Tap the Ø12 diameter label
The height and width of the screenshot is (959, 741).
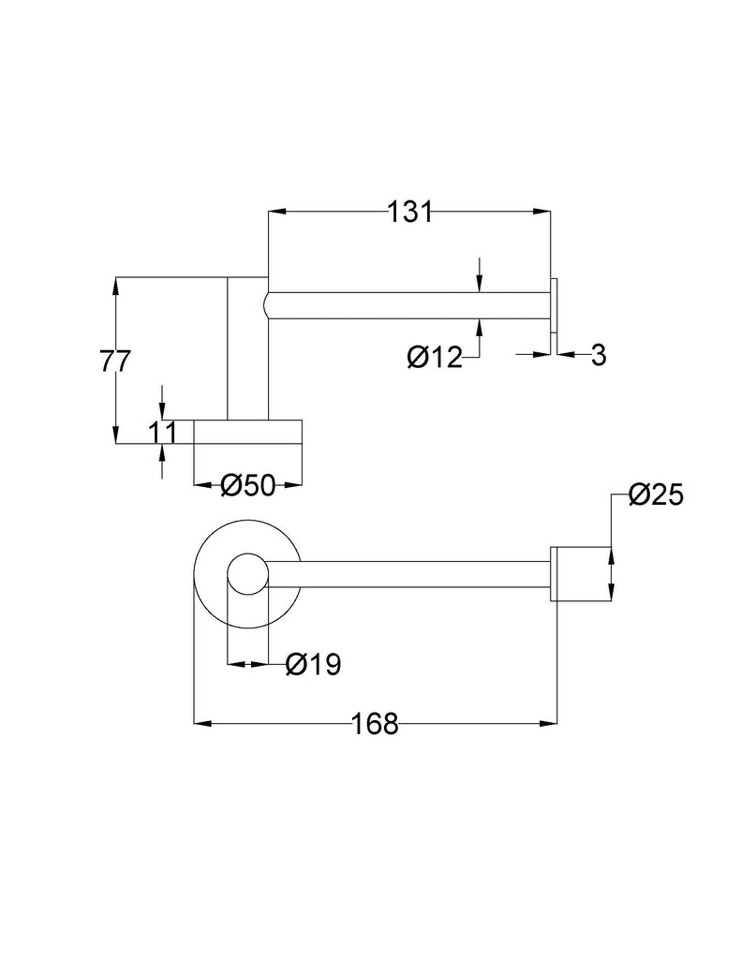coord(435,357)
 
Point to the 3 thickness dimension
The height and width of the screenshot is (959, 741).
coord(599,354)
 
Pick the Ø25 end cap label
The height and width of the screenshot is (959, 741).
coord(656,494)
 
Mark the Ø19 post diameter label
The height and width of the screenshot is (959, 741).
coord(313,665)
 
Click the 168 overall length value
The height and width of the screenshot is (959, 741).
coord(375,723)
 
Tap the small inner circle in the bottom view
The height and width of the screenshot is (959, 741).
coord(248,574)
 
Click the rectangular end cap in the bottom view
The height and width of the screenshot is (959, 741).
coord(580,572)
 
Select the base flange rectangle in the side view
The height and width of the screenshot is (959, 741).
coord(247,431)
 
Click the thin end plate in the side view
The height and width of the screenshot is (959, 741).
coord(555,305)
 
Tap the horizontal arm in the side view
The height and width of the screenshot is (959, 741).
coord(408,305)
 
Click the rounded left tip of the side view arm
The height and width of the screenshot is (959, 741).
coord(269,305)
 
